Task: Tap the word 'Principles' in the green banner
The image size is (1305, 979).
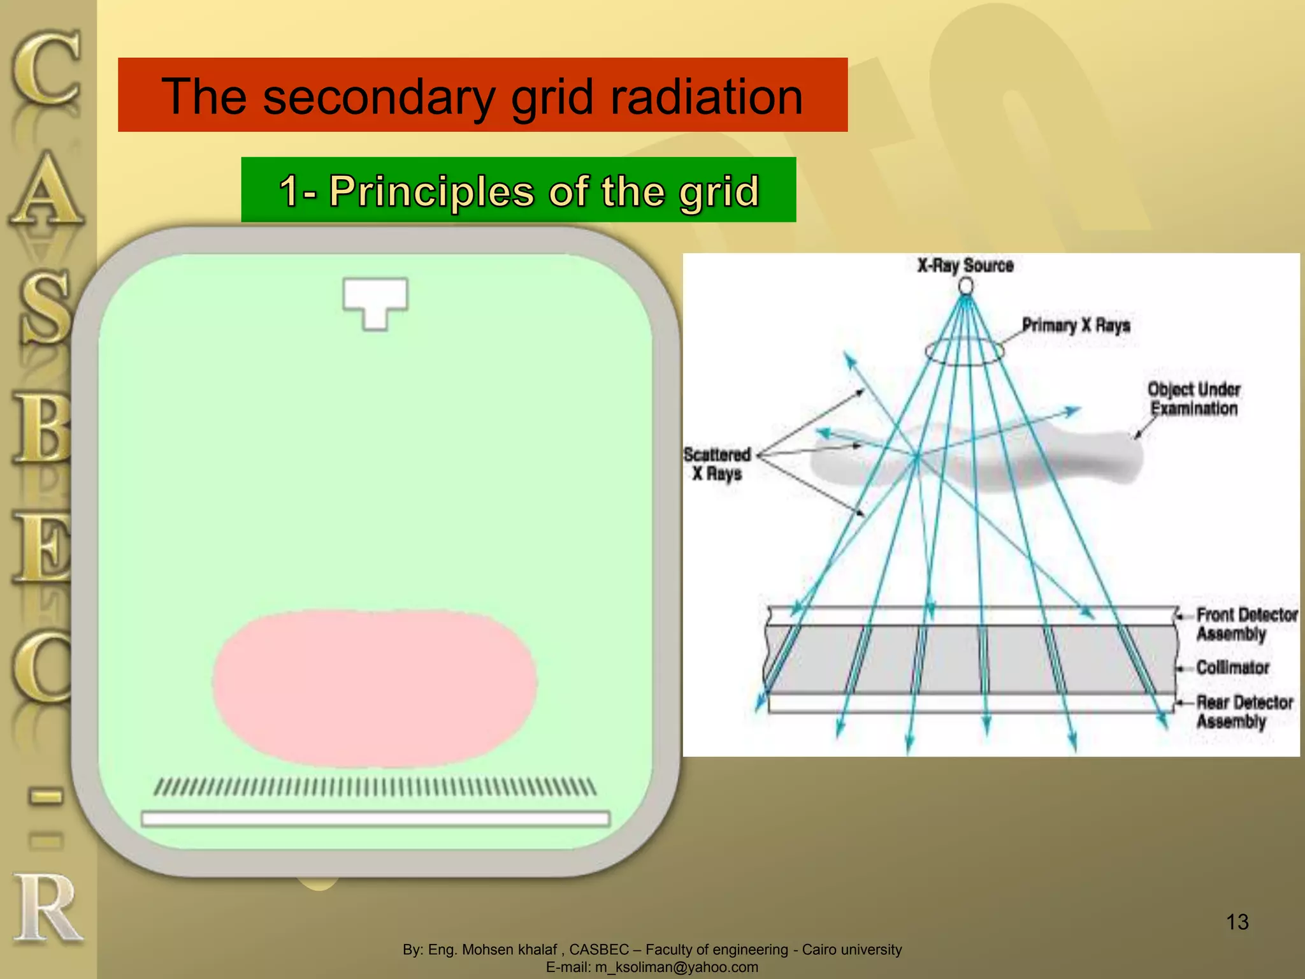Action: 431,191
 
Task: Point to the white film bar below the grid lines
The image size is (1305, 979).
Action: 375,818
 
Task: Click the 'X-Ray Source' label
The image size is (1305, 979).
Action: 965,266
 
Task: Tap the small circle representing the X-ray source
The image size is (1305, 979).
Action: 966,286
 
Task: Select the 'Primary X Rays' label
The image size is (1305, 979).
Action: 1076,326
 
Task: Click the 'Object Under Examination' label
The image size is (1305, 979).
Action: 1193,399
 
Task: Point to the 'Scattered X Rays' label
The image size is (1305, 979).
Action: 717,464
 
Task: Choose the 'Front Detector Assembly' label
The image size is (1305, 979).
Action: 1246,624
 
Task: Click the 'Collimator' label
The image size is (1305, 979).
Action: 1232,667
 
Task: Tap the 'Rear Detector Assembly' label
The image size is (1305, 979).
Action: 1244,711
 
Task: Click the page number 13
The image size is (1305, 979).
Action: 1237,922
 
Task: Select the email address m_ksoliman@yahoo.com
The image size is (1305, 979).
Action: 676,967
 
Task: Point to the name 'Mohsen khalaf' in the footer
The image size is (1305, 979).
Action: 509,950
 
